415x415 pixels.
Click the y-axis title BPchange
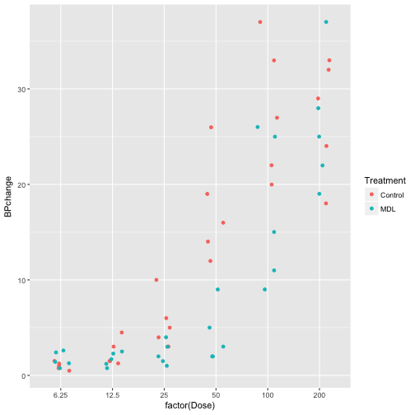(x=7, y=197)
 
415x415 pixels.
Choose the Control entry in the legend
(x=392, y=194)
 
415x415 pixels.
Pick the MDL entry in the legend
(x=387, y=209)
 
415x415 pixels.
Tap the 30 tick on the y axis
(x=26, y=89)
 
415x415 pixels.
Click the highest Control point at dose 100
(x=260, y=22)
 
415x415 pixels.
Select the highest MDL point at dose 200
(x=326, y=22)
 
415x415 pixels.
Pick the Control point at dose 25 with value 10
(x=156, y=280)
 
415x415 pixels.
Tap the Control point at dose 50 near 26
(x=212, y=128)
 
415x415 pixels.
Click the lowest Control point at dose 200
(x=326, y=203)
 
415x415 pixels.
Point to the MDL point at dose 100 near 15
(x=274, y=232)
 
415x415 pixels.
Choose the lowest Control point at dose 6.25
(x=69, y=371)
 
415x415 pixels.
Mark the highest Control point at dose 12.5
(x=122, y=333)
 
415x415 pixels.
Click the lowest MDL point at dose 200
(x=319, y=194)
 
